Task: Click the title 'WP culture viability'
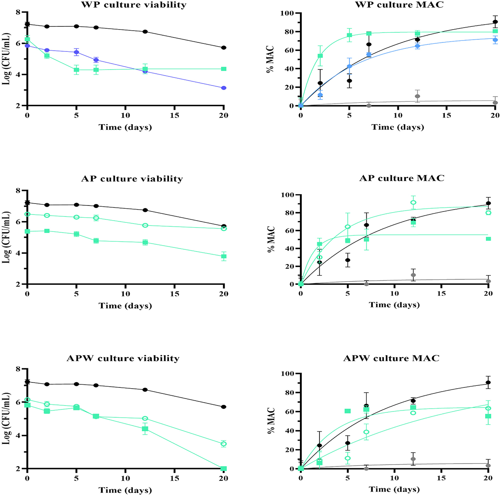click(134, 5)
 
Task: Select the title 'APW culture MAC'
click(391, 358)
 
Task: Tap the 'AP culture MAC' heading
click(402, 178)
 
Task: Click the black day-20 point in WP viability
click(224, 48)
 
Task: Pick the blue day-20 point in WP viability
click(224, 88)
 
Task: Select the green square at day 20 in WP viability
click(224, 69)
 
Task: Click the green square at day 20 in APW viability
click(224, 468)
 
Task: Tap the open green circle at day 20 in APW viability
click(224, 444)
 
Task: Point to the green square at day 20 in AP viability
click(224, 257)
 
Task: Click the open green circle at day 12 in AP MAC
click(413, 202)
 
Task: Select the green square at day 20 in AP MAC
click(489, 239)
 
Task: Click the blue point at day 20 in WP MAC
click(495, 40)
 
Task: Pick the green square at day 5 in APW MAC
click(347, 411)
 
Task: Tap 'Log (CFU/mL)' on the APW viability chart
click(6, 418)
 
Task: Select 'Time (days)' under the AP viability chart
click(125, 306)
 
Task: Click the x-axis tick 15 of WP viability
click(175, 115)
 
